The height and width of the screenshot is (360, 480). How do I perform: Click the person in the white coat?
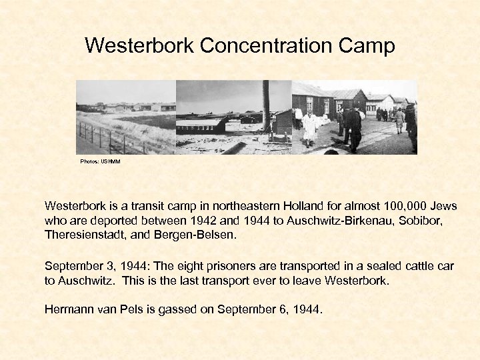click(310, 127)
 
